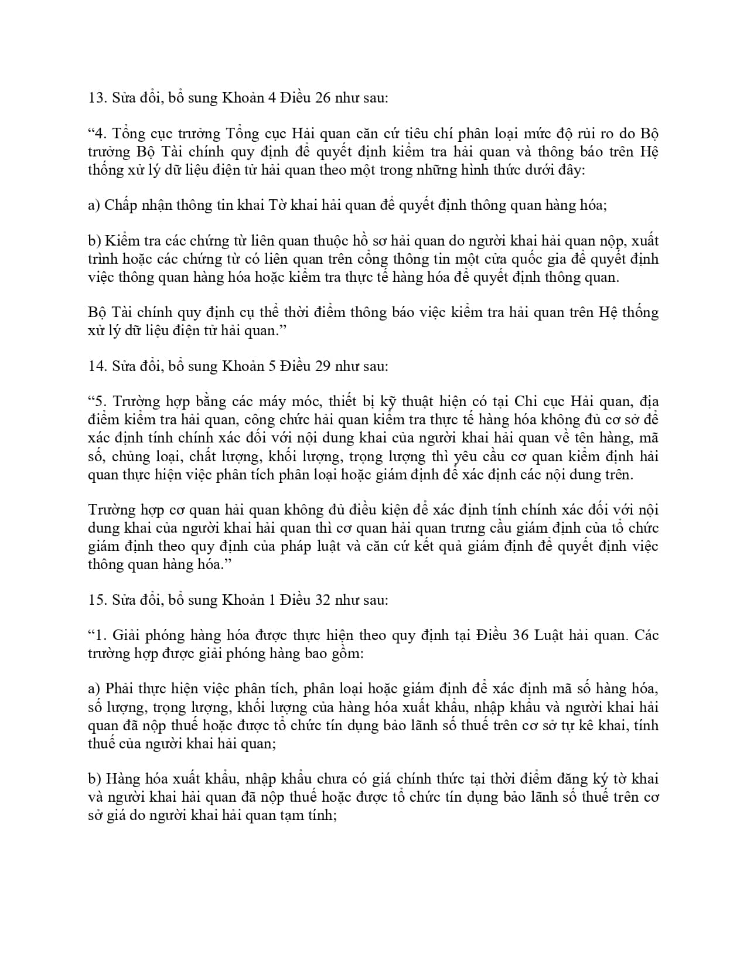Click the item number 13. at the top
point(96,98)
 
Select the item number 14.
point(96,366)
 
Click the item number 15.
point(96,600)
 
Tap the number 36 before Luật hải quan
point(520,635)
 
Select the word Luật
point(551,635)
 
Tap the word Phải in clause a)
point(120,689)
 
